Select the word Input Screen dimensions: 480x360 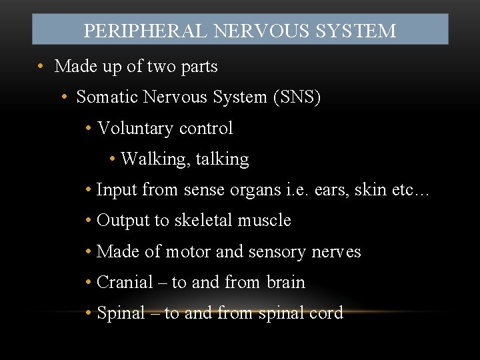coord(115,190)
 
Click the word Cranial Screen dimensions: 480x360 coord(125,283)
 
